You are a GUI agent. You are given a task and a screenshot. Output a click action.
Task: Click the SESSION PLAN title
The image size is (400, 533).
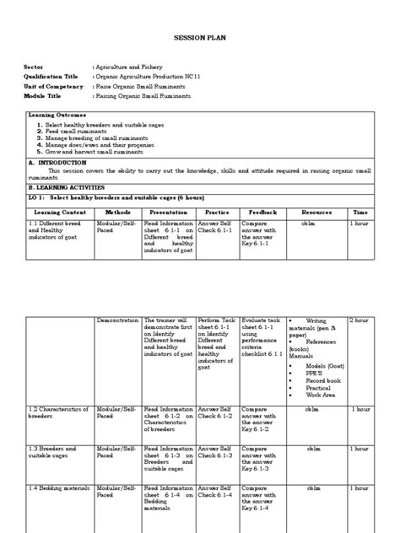pos(199,38)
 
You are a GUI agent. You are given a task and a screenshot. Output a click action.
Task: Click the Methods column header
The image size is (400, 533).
pos(117,213)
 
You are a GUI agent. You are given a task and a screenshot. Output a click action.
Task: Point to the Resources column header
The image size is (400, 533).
pos(317,213)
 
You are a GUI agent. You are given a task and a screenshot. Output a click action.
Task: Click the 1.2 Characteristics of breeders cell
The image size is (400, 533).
pos(57,412)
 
